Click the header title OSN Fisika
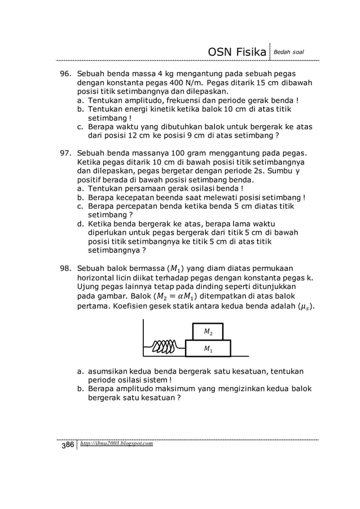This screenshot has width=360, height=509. [237, 52]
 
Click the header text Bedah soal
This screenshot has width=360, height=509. [289, 52]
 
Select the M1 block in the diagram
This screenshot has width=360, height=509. [208, 348]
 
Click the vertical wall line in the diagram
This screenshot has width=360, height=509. [144, 337]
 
